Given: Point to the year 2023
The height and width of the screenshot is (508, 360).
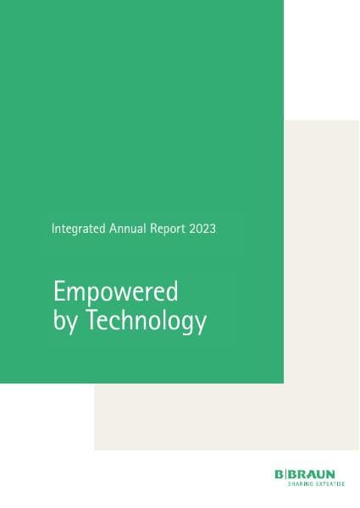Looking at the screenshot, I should [205, 229].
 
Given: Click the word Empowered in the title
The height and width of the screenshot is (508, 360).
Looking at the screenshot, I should [115, 292].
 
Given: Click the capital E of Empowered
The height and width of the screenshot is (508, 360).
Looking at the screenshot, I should [59, 291].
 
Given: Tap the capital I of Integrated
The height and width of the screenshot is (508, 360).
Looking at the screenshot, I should [53, 228].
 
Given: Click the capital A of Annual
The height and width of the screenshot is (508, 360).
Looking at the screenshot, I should [111, 228].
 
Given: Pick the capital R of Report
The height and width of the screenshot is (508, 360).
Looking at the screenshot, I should [155, 228].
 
